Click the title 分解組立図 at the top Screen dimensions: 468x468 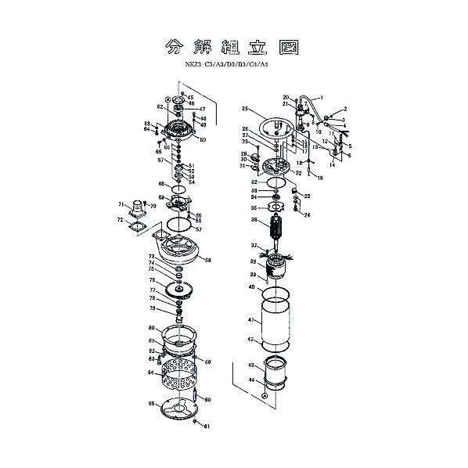click(233, 45)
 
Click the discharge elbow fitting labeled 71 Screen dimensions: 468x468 click(138, 210)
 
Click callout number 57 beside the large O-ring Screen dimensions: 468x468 click(200, 229)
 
